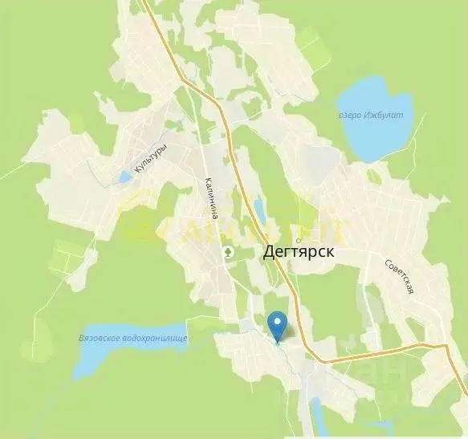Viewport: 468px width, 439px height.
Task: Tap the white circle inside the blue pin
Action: [278, 323]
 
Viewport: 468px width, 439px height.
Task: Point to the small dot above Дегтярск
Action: [298, 239]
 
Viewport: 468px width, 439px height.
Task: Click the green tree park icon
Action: [229, 252]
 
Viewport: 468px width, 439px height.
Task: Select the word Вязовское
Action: [100, 338]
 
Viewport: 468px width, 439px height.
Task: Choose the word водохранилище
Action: [156, 339]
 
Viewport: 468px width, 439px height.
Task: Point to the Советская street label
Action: [398, 276]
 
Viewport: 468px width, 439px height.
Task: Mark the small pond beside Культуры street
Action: [125, 177]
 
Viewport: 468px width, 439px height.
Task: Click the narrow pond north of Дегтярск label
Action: [260, 211]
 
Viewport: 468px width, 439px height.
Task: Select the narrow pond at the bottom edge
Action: [315, 417]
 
